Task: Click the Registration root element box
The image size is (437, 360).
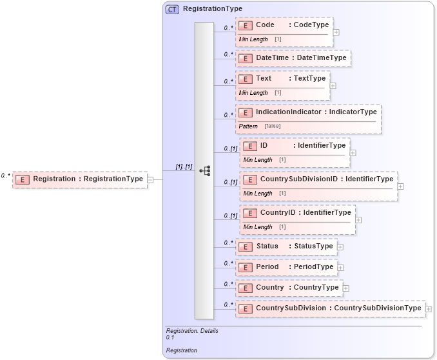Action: (79, 179)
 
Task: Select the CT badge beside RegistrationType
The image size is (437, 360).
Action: (172, 9)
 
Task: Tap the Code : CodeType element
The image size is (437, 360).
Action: (284, 25)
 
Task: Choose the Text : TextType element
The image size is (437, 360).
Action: (283, 79)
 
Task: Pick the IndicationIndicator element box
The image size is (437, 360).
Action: (308, 112)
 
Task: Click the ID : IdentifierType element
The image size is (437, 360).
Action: (295, 146)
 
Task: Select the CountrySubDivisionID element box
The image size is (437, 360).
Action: (318, 179)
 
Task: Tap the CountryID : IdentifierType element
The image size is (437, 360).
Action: (297, 213)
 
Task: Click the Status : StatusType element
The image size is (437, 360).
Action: (286, 246)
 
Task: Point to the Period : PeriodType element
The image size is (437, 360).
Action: (286, 267)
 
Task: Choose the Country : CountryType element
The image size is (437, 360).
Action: (289, 288)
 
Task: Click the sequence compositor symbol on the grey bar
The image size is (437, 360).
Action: (205, 171)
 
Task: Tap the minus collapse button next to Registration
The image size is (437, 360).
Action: (150, 179)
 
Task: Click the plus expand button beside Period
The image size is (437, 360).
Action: (340, 267)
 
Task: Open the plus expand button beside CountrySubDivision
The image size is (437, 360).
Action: (428, 308)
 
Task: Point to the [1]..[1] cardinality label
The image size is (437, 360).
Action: (184, 166)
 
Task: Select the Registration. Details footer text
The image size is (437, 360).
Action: (192, 331)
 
